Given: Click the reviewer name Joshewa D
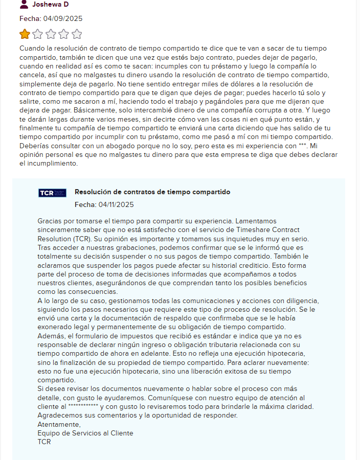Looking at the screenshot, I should point(50,5).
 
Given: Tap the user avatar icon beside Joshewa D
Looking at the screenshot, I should point(24,4).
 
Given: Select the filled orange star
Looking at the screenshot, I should point(25,34).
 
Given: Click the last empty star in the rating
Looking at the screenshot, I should point(77,34).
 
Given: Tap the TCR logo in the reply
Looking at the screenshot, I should point(52,193).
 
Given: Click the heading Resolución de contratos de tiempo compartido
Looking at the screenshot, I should point(152,192).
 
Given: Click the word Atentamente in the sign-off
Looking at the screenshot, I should point(59,424).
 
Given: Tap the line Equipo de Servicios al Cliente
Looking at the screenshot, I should point(85,433).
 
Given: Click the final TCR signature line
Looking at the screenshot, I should point(44,442).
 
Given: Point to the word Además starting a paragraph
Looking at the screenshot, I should point(51,335).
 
